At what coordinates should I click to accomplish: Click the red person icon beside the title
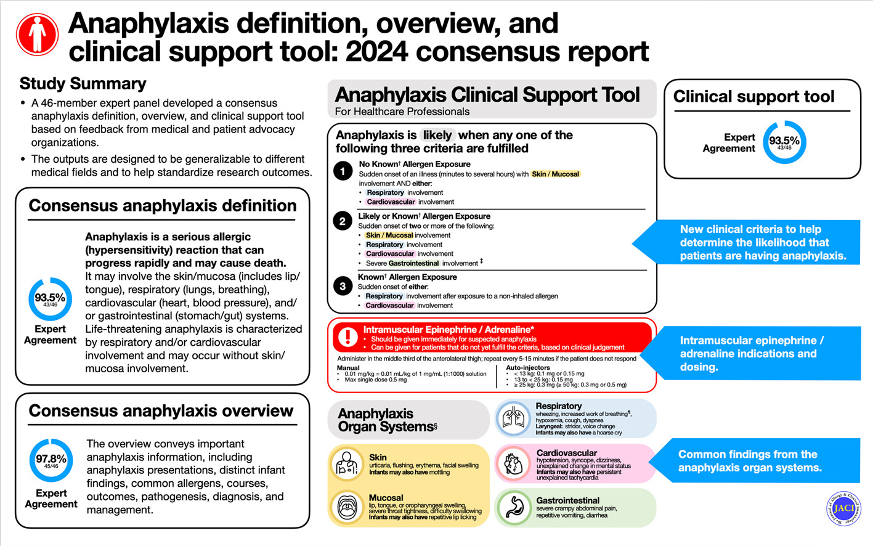(x=38, y=35)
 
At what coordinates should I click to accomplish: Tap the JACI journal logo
(x=843, y=508)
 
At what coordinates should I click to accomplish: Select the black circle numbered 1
(x=343, y=171)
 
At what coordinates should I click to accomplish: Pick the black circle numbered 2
(x=343, y=221)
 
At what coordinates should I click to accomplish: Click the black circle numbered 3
(x=343, y=286)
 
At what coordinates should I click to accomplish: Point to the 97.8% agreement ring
(x=51, y=460)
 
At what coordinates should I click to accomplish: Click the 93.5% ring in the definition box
(x=50, y=299)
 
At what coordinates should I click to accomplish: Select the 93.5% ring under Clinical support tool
(x=784, y=142)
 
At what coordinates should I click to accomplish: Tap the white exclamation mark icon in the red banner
(x=348, y=336)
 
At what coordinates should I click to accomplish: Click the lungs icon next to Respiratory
(x=513, y=419)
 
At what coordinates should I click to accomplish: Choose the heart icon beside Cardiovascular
(x=513, y=463)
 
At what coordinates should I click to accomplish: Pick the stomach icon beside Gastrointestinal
(x=513, y=507)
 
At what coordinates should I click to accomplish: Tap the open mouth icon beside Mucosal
(x=347, y=508)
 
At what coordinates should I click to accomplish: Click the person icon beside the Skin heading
(x=347, y=464)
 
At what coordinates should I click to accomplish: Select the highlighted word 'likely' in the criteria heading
(x=437, y=135)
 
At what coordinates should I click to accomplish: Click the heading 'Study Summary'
(x=83, y=84)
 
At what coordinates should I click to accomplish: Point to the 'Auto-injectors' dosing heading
(x=528, y=367)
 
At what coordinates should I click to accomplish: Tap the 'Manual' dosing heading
(x=348, y=367)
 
